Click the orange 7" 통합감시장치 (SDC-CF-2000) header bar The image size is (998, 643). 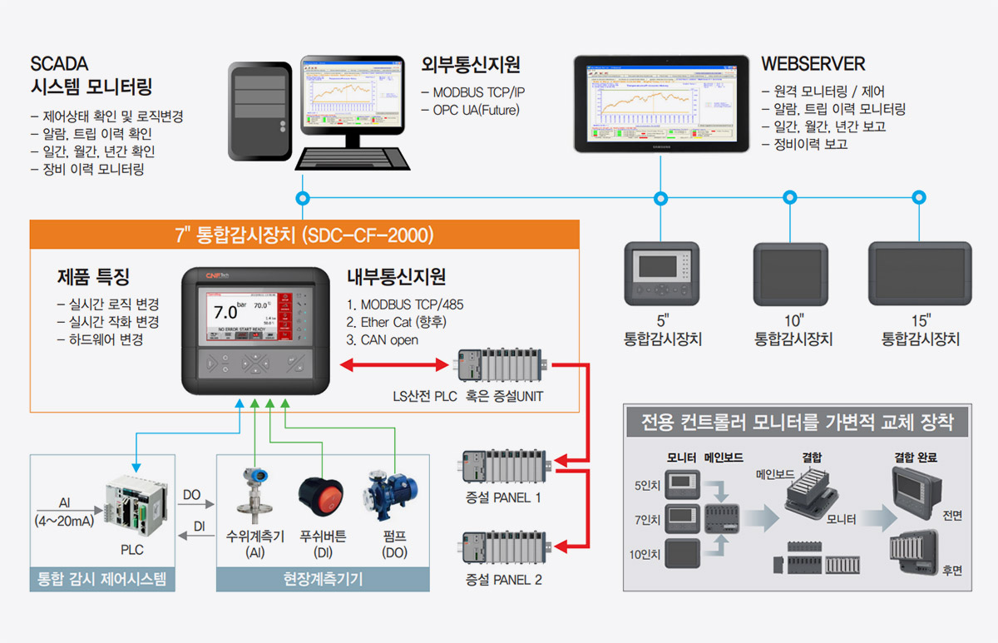(304, 235)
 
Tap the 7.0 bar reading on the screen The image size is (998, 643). (225, 313)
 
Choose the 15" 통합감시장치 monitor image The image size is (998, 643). (920, 274)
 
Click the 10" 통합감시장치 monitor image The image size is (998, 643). (790, 274)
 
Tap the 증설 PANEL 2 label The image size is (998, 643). (503, 579)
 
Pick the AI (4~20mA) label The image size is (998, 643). (65, 512)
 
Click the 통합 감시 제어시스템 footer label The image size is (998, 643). (102, 579)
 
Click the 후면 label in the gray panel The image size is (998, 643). (952, 570)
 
